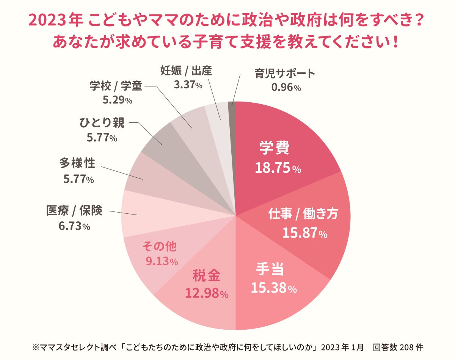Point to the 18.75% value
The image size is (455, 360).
(278, 168)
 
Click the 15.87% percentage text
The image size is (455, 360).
(304, 233)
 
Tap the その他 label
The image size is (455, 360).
(159, 247)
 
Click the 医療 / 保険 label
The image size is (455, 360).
(74, 211)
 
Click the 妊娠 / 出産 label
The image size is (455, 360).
(186, 70)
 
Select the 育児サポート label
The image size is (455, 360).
(285, 73)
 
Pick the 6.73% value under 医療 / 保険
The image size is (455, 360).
(74, 226)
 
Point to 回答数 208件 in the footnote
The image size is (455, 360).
(398, 347)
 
